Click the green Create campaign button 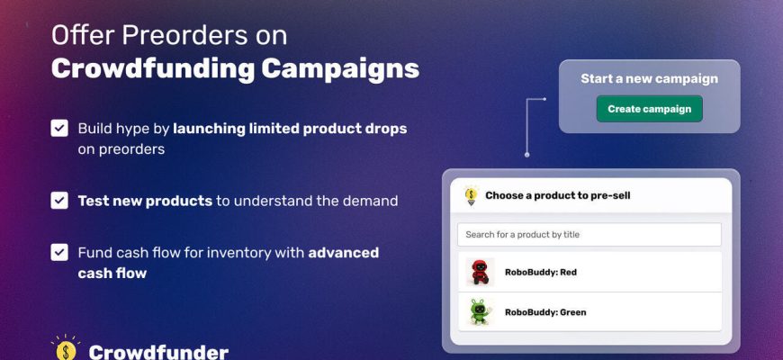(649, 109)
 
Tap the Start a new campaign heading (649, 79)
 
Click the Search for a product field (589, 234)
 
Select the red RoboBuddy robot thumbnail (481, 272)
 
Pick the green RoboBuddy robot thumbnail (481, 312)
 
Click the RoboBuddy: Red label (541, 272)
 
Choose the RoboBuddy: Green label (545, 312)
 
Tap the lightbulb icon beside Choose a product (471, 195)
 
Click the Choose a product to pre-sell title (558, 195)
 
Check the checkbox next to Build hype (59, 129)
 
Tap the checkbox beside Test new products (59, 201)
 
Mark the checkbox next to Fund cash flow (59, 252)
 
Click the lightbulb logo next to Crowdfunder (66, 348)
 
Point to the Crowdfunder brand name (158, 353)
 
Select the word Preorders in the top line (184, 35)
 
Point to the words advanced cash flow (229, 263)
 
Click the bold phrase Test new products (145, 201)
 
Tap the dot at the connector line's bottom (526, 155)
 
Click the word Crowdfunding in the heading (153, 69)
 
